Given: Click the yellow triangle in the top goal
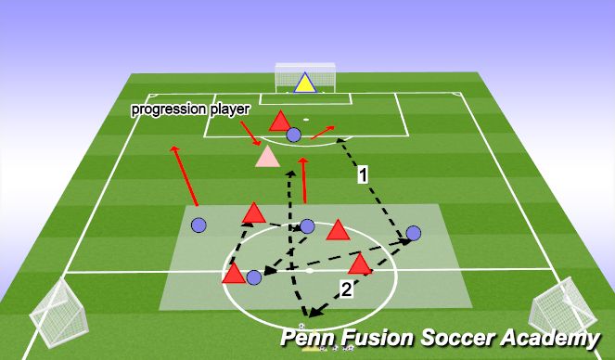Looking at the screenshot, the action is click(302, 84).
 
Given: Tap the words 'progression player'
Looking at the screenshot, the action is click(191, 109).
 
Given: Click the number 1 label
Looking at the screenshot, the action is click(365, 173).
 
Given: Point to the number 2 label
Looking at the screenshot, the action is click(346, 289).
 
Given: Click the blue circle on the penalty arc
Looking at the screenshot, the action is click(294, 135).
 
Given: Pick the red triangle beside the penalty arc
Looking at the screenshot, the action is click(279, 121).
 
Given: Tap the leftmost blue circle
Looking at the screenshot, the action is click(198, 225).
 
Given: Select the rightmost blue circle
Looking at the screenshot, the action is click(414, 233).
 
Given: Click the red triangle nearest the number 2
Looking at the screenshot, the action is click(360, 266).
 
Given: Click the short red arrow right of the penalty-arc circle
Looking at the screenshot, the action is click(322, 133).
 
